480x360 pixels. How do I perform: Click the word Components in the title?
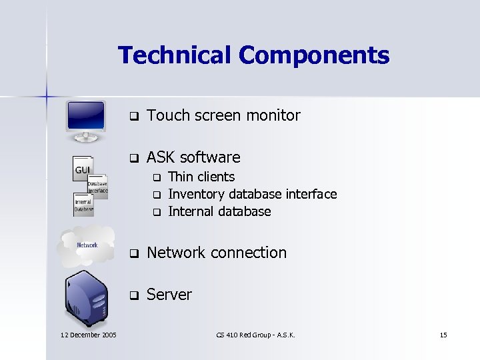314,55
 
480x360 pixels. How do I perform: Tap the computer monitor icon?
86,121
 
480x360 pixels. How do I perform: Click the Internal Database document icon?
83,204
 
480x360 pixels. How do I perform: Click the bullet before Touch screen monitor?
133,116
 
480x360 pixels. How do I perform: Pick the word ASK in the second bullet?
161,157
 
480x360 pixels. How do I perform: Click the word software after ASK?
209,157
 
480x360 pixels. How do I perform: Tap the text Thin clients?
201,177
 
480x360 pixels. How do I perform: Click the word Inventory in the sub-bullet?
197,194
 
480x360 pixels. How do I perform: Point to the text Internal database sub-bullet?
219,211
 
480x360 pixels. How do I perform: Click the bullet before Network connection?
133,253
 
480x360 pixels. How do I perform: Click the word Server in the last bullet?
169,295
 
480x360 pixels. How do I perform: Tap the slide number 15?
443,335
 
